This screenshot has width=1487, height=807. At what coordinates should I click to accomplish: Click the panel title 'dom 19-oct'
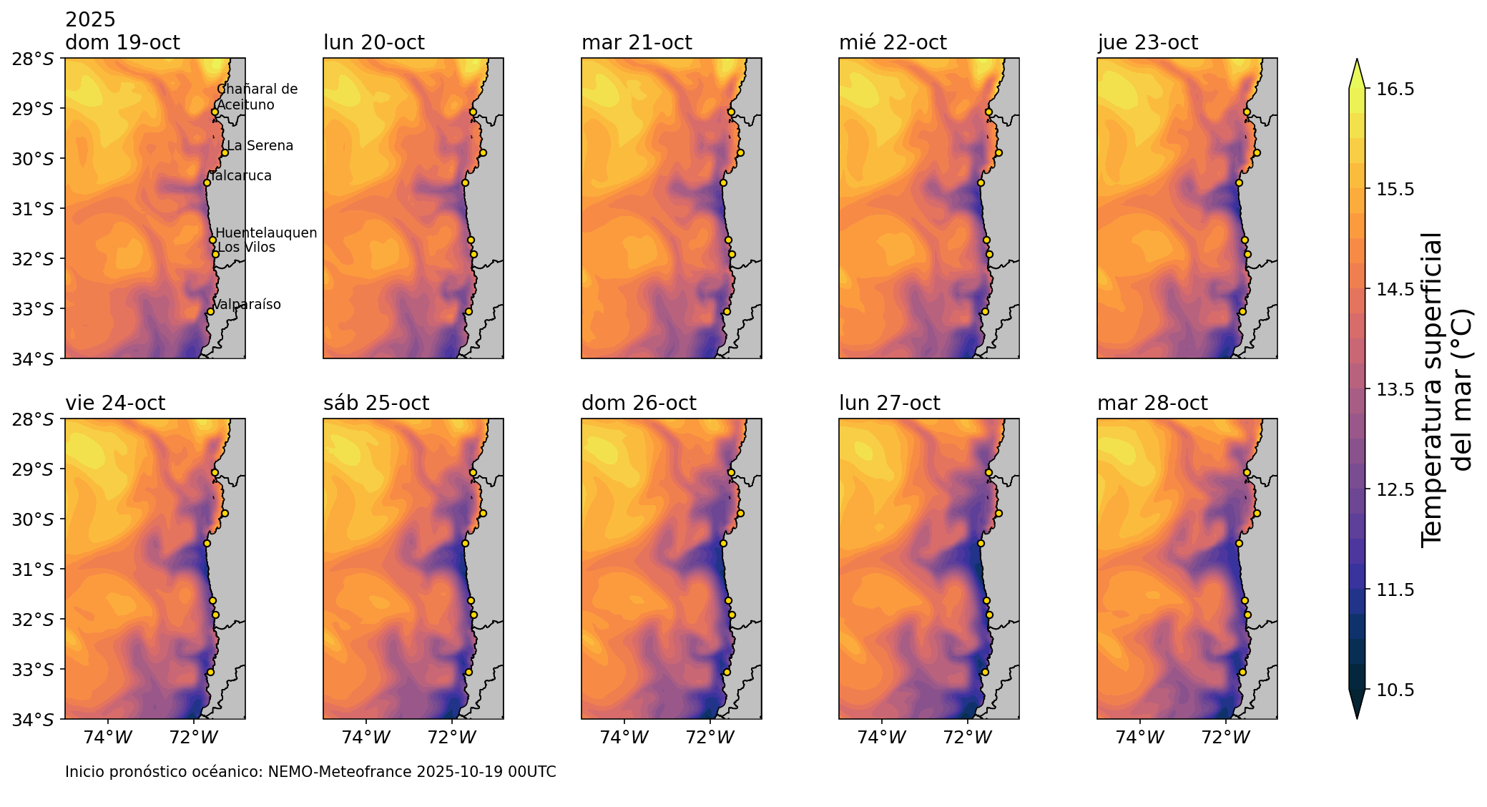click(122, 43)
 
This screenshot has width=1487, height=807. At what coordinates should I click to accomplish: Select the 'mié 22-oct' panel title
click(893, 43)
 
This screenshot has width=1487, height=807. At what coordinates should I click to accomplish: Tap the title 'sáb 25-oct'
click(376, 403)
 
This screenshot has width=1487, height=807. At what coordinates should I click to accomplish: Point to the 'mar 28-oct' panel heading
click(1152, 403)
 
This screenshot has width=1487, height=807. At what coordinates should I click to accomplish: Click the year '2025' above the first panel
click(90, 20)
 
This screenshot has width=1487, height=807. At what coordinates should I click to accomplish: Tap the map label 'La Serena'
click(260, 146)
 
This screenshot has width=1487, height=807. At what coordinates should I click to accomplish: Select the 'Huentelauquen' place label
click(266, 233)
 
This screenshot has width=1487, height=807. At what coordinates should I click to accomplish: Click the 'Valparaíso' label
click(247, 305)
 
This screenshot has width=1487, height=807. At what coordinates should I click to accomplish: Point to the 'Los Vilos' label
click(246, 248)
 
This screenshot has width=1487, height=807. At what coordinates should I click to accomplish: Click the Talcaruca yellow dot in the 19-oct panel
click(207, 182)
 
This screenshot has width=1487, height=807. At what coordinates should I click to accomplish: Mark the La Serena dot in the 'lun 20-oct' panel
click(483, 152)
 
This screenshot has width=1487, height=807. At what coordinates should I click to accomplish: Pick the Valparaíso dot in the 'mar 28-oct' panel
click(1242, 672)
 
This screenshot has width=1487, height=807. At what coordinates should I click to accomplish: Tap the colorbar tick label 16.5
click(1395, 89)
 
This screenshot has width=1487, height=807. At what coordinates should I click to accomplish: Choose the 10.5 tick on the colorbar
click(1395, 690)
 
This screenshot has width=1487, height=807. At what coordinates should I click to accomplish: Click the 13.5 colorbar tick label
click(1395, 390)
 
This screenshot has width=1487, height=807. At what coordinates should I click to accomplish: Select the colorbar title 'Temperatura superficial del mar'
click(1446, 390)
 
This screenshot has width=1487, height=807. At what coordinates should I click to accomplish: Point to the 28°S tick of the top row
click(33, 59)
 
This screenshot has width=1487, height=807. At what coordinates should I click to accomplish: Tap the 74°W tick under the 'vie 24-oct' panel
click(108, 738)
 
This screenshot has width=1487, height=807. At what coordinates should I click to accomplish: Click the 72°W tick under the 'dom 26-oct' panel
click(710, 738)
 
